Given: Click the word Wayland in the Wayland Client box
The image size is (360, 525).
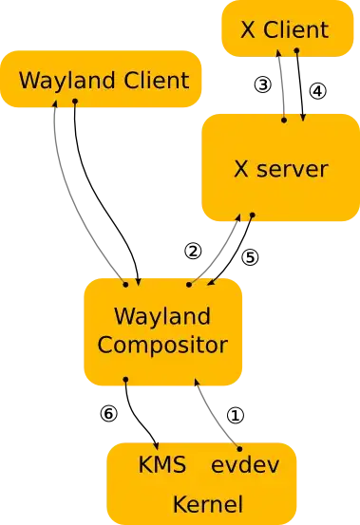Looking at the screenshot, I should point(61,80).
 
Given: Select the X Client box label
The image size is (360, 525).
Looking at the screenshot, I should point(284,28).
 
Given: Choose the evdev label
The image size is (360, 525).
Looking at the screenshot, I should point(242,466).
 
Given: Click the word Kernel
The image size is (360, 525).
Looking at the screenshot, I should point(207,503).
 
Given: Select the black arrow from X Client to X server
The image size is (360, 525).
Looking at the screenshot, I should point(301,85).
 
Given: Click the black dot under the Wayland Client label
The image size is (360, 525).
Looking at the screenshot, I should point(74,101).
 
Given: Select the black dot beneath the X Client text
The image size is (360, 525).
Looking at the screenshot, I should point(296,50).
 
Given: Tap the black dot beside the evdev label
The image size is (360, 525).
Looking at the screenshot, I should point(239,447).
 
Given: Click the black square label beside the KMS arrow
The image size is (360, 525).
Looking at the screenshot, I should point(107,413).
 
